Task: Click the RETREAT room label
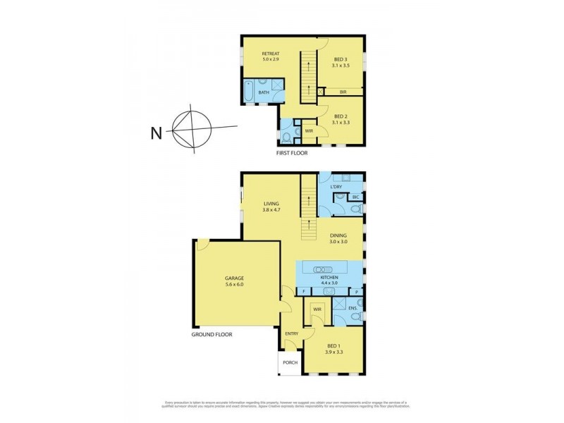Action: (x=271, y=54)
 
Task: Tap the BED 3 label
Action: (x=340, y=60)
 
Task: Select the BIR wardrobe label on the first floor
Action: (x=343, y=92)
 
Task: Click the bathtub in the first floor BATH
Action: (x=248, y=92)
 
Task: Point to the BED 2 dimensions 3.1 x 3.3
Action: (x=340, y=122)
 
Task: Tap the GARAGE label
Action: (x=235, y=278)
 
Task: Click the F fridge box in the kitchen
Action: (x=302, y=290)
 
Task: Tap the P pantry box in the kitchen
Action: (x=357, y=290)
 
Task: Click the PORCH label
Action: (x=289, y=362)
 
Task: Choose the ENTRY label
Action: (x=291, y=333)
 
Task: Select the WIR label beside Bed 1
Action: (x=317, y=309)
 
